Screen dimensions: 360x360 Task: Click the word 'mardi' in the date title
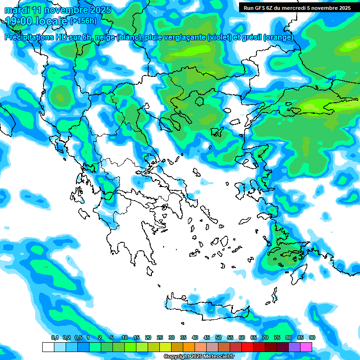point(16,10)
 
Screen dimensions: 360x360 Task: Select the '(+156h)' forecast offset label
point(83,21)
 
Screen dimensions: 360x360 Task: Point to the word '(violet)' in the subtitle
point(220,37)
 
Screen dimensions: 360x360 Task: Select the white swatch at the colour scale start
point(48,347)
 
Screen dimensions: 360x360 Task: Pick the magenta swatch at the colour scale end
point(306,347)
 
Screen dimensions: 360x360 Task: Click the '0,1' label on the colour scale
point(54,337)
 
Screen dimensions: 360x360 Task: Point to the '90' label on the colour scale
point(312,337)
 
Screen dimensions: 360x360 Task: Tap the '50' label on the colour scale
point(218,337)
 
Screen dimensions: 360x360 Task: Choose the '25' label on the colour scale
point(160,337)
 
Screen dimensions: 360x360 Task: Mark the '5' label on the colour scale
point(112,337)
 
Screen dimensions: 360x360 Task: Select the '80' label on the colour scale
point(289,337)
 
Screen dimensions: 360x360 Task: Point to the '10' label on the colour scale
point(125,337)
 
